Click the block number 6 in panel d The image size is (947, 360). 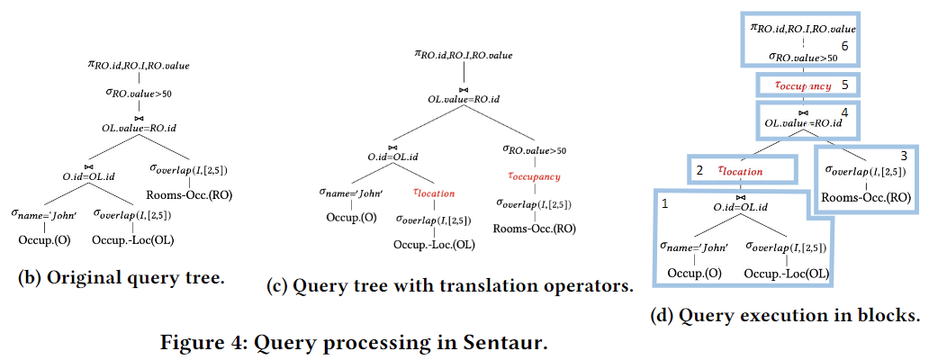(844, 45)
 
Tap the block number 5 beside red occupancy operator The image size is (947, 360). (844, 85)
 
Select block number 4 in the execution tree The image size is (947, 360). (844, 112)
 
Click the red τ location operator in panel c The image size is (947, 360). (433, 192)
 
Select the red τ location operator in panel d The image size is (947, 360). (740, 169)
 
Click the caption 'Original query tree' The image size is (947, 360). (121, 277)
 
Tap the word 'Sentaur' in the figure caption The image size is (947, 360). (511, 342)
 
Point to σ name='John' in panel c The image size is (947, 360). (352, 191)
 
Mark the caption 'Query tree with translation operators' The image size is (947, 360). (450, 286)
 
